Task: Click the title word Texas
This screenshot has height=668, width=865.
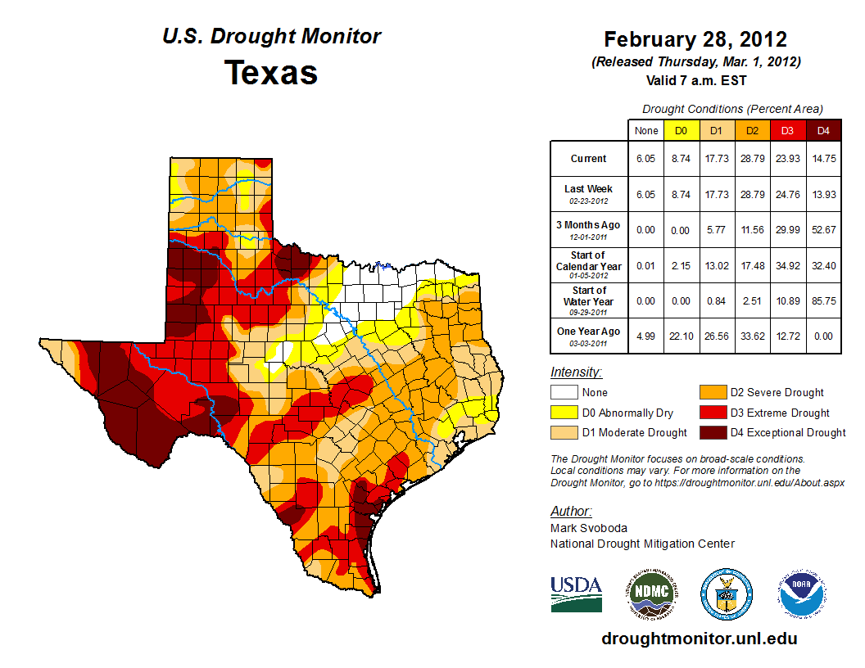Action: pyautogui.click(x=271, y=73)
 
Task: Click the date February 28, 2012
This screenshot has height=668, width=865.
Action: pyautogui.click(x=695, y=39)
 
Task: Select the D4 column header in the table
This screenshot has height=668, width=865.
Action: pyautogui.click(x=822, y=130)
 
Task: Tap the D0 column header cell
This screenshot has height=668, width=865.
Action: pyautogui.click(x=680, y=130)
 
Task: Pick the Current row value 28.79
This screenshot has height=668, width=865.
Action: pyautogui.click(x=751, y=159)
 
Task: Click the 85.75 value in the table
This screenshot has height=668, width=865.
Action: pyautogui.click(x=822, y=301)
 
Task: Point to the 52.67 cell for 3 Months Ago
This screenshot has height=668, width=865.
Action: pyautogui.click(x=822, y=230)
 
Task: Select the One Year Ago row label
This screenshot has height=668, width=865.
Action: pyautogui.click(x=588, y=332)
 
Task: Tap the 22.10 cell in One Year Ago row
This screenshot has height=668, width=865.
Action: pyautogui.click(x=680, y=336)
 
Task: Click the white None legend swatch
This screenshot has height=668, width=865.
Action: pyautogui.click(x=564, y=393)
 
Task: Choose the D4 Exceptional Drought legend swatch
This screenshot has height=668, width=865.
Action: pyautogui.click(x=712, y=432)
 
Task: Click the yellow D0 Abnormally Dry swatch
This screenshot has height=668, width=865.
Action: pyautogui.click(x=564, y=413)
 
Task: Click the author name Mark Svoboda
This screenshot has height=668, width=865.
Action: pyautogui.click(x=588, y=529)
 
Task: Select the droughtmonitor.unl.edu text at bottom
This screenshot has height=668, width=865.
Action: pyautogui.click(x=699, y=639)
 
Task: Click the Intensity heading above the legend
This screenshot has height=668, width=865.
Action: pyautogui.click(x=576, y=372)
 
